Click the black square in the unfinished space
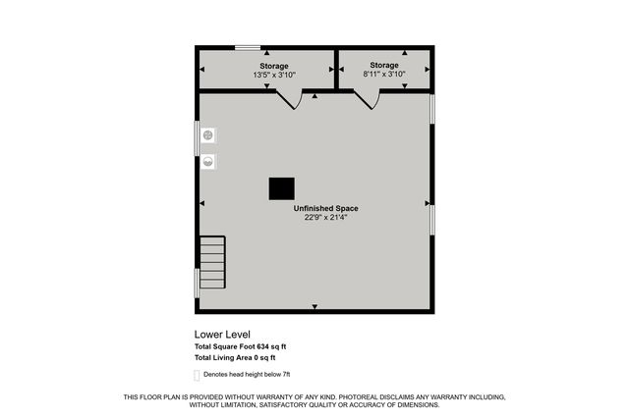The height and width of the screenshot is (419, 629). (x=282, y=187)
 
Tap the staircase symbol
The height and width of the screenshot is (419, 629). (x=212, y=262)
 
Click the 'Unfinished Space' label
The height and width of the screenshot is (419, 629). (x=325, y=208)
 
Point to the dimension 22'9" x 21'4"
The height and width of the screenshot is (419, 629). (x=325, y=217)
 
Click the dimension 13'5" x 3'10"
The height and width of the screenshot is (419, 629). (x=274, y=75)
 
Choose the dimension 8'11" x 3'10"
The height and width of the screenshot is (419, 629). (x=384, y=74)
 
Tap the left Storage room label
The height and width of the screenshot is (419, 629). (x=274, y=66)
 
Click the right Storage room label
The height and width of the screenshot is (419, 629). (x=384, y=65)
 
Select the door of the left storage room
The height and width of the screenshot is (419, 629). (x=289, y=99)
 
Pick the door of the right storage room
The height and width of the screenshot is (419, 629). (x=367, y=98)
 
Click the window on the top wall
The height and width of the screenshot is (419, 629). (x=248, y=47)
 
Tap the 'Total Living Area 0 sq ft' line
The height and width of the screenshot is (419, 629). (x=241, y=357)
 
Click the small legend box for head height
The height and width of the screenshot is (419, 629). (x=197, y=376)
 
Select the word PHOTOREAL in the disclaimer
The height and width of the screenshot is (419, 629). (x=361, y=397)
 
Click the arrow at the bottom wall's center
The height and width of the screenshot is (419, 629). (x=314, y=307)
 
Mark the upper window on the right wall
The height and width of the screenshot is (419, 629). (x=431, y=108)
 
